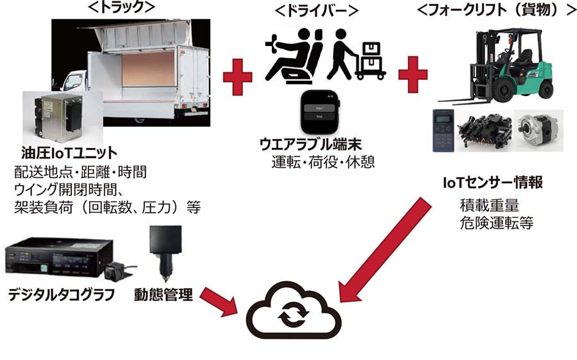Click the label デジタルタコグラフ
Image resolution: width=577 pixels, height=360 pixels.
62,295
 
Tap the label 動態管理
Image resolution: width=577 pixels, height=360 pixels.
163,295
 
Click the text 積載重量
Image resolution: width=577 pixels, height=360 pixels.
489,207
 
